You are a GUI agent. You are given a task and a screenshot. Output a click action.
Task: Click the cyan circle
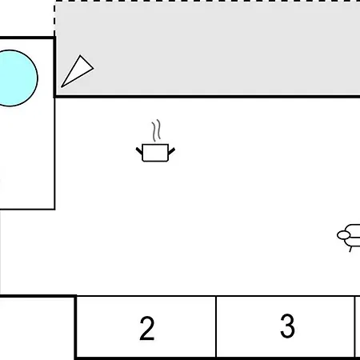coord(18,78)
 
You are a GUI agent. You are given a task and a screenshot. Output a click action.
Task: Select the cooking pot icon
coord(155,141)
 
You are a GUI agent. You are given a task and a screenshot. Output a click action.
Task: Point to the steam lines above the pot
coord(157,130)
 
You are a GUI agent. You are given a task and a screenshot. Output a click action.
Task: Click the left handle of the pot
coord(139,151)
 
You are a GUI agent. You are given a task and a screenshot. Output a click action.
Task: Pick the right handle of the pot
coord(171,151)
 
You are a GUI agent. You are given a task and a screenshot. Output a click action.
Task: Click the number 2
coord(147,328)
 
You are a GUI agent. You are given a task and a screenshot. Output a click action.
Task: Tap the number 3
coord(287,326)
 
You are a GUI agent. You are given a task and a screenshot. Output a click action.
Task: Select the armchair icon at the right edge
coord(349,238)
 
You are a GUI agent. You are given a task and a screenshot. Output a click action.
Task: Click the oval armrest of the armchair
coord(344,235)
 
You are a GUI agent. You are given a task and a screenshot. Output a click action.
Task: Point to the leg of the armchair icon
coord(351,249)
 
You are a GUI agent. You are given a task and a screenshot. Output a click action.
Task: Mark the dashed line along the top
coord(207,2)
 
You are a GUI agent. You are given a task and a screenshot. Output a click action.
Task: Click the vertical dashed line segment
coord(54,19)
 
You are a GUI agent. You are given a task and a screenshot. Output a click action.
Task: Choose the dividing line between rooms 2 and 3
coord(216,326)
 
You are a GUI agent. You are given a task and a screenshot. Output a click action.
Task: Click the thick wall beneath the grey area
coord(207,96)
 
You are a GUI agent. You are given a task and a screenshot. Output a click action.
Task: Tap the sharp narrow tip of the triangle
coord(62,87)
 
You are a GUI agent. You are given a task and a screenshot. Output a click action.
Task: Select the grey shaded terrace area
coord(207,49)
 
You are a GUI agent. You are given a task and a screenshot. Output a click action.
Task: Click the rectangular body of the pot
coord(155,153)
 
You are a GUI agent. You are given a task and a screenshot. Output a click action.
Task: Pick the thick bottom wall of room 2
coord(146,358)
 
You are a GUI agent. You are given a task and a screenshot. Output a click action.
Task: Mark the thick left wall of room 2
coord(76,327)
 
